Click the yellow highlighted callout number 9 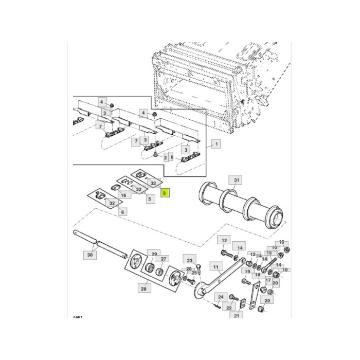coord(165,194)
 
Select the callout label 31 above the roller coord(236,180)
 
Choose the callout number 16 coord(123,195)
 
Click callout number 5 coord(150,199)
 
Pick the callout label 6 coord(122,211)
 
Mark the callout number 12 coord(224,240)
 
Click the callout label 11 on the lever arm coord(216,267)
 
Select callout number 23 coord(189,260)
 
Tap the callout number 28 coord(143,290)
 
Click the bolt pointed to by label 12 coord(226,253)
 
